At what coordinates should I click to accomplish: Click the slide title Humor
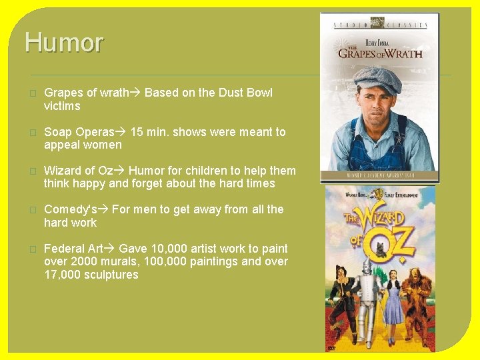pos(64,43)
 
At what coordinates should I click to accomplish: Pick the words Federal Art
pos(73,248)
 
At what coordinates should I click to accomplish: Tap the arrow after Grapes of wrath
pos(136,93)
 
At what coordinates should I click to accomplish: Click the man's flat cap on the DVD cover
pos(376,79)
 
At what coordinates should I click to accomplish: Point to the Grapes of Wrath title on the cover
pos(380,53)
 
